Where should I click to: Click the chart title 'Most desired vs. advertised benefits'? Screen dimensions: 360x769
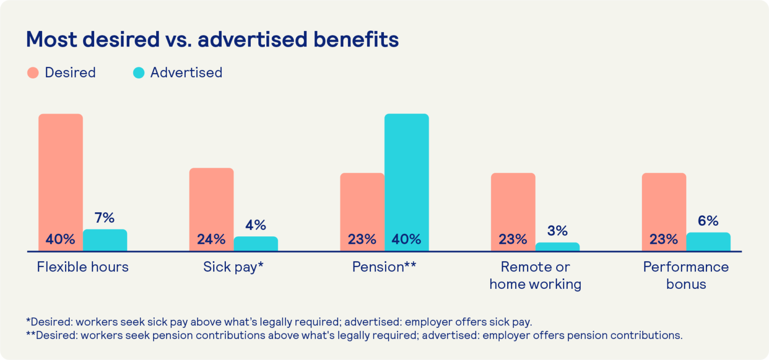[x=212, y=40]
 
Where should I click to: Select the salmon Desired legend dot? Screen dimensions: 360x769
[x=33, y=73]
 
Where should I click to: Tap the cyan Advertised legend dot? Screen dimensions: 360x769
[x=139, y=73]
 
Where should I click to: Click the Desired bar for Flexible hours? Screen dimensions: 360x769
[x=61, y=170]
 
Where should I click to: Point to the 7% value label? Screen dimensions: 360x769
[x=105, y=218]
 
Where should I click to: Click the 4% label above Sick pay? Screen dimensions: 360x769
[x=256, y=225]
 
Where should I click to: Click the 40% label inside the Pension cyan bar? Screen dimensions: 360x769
[x=407, y=239]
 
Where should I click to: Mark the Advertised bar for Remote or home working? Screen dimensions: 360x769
[x=557, y=247]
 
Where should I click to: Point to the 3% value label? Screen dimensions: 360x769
[x=557, y=231]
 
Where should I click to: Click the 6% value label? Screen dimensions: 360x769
[x=708, y=221]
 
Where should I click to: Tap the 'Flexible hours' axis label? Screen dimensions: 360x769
[x=83, y=267]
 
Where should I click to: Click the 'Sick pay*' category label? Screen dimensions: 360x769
[x=233, y=267]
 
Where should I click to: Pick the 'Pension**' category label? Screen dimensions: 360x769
[x=384, y=267]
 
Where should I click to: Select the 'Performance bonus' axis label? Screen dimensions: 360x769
[x=686, y=275]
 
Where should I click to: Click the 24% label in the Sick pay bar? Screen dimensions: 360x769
[x=211, y=239]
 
